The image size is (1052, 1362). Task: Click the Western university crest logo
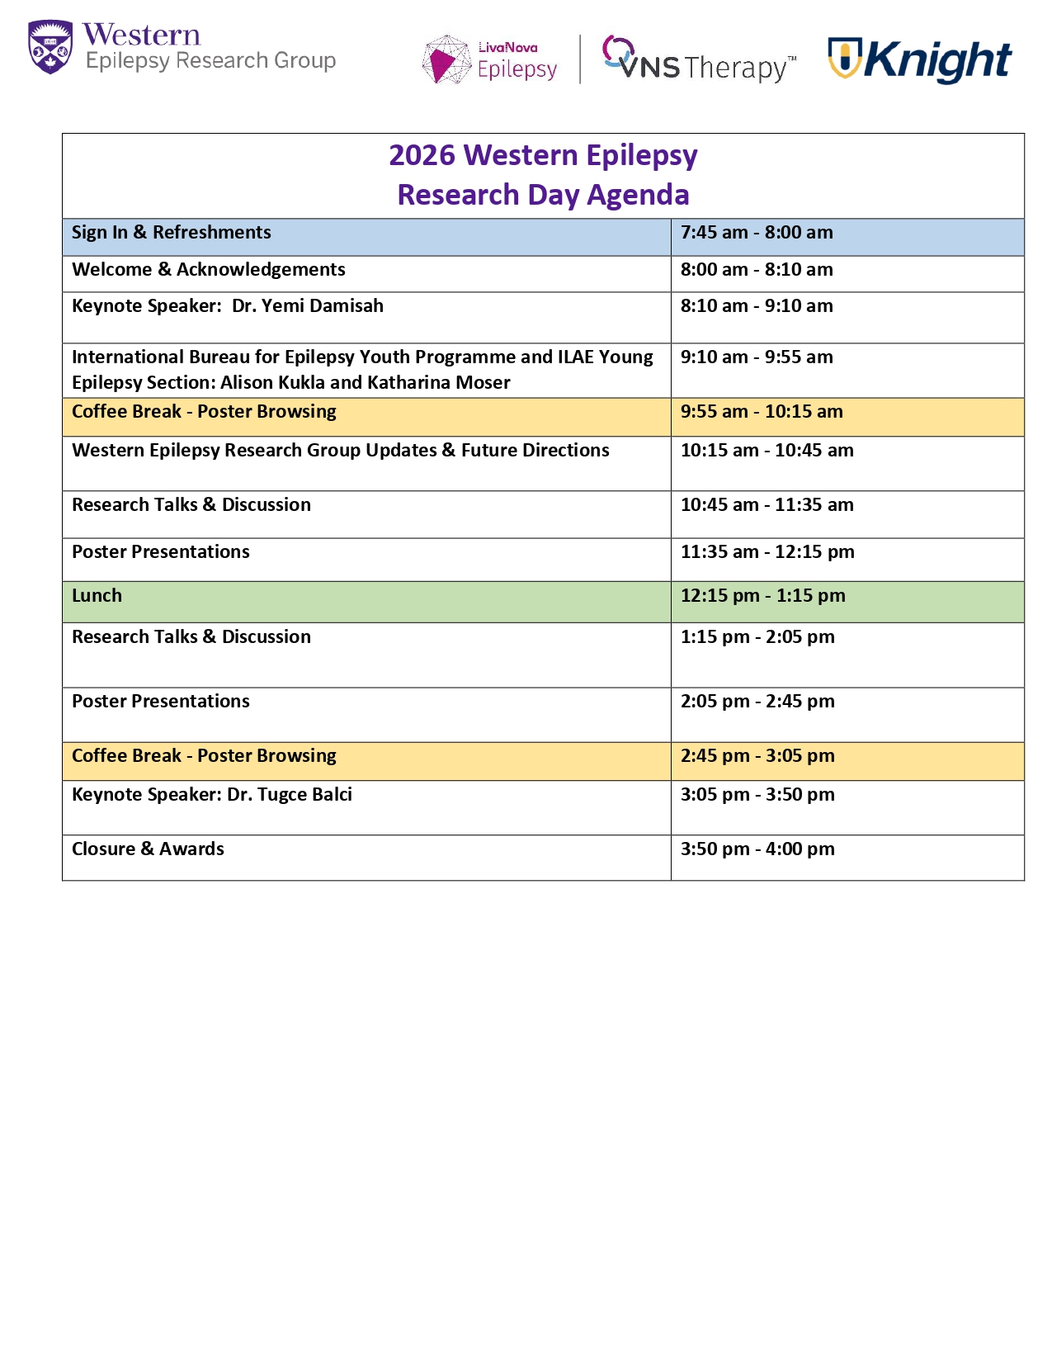(50, 47)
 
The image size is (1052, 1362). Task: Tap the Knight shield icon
(844, 58)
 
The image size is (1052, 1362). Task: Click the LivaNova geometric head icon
(446, 59)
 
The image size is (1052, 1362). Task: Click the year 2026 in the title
(422, 155)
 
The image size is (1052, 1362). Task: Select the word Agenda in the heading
(638, 195)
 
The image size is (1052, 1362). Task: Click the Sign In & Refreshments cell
(172, 233)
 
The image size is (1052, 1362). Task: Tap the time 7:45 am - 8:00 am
(757, 233)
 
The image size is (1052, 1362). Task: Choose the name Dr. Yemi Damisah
(308, 306)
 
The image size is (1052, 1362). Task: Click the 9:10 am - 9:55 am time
(757, 357)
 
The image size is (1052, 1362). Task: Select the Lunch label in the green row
(97, 596)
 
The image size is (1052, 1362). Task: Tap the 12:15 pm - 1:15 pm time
(762, 596)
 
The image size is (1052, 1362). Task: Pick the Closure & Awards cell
(148, 849)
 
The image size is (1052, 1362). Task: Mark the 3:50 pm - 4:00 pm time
(757, 849)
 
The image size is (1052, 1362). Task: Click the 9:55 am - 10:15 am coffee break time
(762, 412)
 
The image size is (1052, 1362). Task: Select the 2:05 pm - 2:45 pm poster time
(757, 702)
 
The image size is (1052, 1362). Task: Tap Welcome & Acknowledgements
(209, 270)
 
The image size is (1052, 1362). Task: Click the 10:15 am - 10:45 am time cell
(767, 451)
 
